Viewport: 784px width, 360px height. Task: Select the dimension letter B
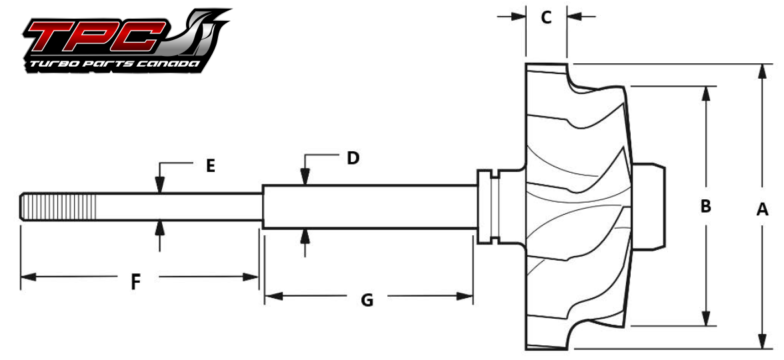point(705,207)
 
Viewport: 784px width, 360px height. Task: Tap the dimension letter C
point(546,17)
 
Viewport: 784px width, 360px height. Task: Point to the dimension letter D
point(353,158)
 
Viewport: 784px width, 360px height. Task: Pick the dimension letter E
point(210,166)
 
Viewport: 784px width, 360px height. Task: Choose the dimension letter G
point(367,301)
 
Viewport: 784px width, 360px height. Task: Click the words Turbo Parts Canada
point(111,65)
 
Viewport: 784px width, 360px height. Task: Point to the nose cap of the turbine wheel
point(650,207)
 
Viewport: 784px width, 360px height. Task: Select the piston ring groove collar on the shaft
point(491,207)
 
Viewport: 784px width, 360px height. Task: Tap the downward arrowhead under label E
point(159,187)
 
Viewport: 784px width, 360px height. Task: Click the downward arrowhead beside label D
point(305,177)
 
